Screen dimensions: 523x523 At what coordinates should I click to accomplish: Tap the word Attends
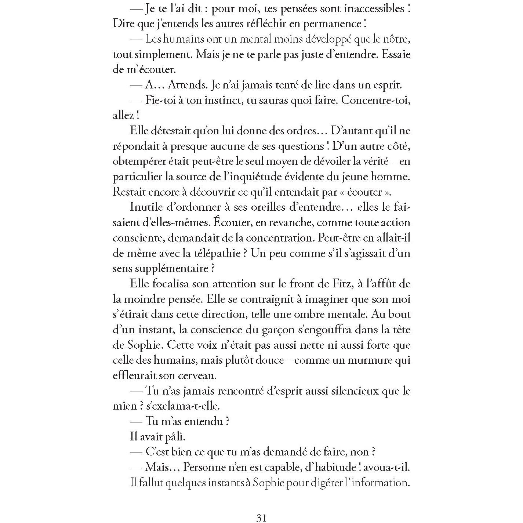coord(187,85)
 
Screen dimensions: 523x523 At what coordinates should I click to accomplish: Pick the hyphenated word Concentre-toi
coord(375,100)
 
